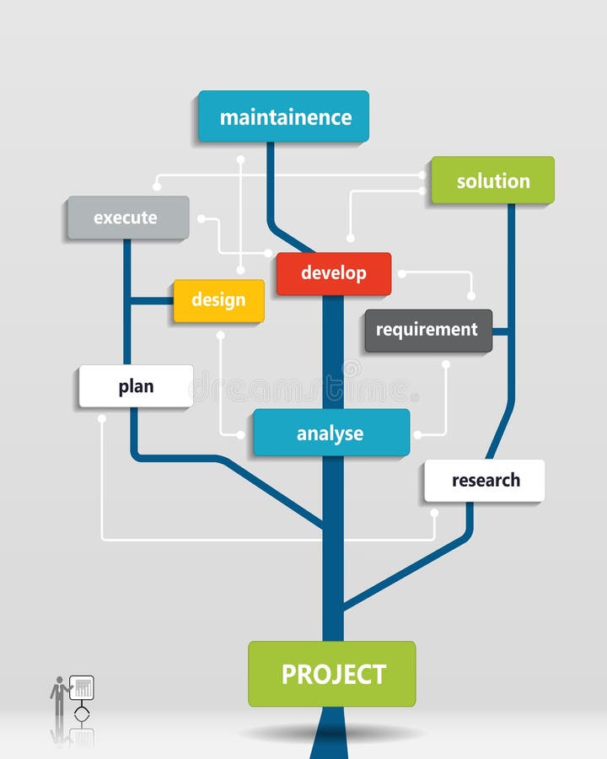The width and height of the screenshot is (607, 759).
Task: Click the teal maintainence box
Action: pos(283,116)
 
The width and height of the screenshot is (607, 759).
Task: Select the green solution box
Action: pos(492,180)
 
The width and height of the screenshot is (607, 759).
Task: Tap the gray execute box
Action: pos(128,218)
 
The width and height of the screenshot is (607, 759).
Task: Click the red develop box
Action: pos(334,273)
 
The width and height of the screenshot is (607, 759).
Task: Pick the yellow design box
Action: pos(219,300)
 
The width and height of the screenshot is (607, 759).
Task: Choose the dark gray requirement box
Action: pos(428,331)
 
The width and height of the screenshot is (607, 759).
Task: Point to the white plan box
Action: pos(136,385)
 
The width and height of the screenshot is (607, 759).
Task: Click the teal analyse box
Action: pos(331,433)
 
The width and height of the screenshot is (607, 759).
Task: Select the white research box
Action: pos(485,480)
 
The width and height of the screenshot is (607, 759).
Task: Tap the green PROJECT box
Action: pos(332,674)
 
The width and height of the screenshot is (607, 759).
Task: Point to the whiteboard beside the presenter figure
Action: pos(82,687)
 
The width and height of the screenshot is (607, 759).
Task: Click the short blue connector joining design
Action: pos(152,301)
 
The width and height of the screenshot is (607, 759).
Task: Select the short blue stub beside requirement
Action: pos(501,331)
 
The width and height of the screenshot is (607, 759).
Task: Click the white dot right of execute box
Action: pos(201,218)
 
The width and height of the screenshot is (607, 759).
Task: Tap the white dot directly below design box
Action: pos(220,335)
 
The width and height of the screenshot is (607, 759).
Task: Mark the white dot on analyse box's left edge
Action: pos(240,434)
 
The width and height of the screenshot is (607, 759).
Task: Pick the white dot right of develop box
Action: pos(402,274)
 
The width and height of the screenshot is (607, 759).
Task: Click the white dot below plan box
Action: pos(102,418)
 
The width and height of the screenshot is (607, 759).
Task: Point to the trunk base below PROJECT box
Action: pos(329,733)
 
